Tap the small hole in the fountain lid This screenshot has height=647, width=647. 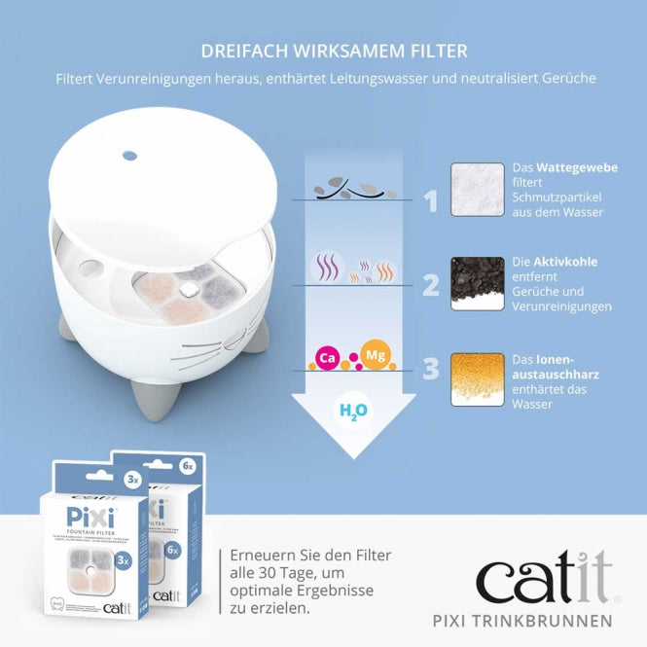[130, 155]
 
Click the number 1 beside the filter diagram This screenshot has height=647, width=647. [431, 201]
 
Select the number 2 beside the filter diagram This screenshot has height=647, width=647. [431, 285]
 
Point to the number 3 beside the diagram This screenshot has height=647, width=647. [431, 370]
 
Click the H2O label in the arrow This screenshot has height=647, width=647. [352, 411]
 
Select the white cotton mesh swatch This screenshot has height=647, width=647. [477, 189]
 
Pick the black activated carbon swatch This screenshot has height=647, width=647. [477, 283]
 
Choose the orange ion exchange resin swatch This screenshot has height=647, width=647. [477, 379]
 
